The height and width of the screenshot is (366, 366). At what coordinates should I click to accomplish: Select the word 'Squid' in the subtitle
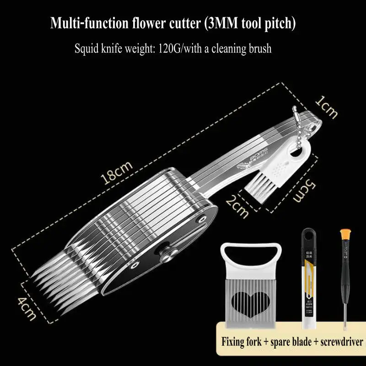[87, 48]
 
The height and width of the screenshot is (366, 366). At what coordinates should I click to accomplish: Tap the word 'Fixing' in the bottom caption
[235, 341]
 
